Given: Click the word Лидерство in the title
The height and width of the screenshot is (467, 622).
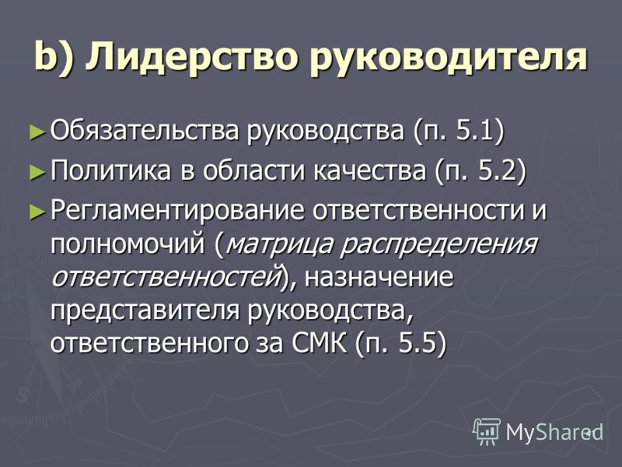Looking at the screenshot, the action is tap(192, 57).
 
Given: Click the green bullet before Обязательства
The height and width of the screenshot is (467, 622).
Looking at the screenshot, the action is tap(37, 132).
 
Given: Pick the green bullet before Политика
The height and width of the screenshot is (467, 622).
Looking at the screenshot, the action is tap(37, 171).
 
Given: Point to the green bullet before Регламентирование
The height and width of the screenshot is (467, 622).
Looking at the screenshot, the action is tap(37, 211).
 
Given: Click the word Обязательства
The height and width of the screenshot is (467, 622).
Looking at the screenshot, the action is tap(145, 130).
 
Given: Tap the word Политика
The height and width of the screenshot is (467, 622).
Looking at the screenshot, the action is tap(111, 170).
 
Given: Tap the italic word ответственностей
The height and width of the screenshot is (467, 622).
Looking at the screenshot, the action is tap(165, 277).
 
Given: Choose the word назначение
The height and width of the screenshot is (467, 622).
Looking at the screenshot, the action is tap(379, 278).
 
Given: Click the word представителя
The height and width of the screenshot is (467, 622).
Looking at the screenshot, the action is tap(145, 311).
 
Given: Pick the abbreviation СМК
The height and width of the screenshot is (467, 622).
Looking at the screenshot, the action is tap(319, 343).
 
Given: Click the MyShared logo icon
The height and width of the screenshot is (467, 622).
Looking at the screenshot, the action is tap(487, 431).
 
